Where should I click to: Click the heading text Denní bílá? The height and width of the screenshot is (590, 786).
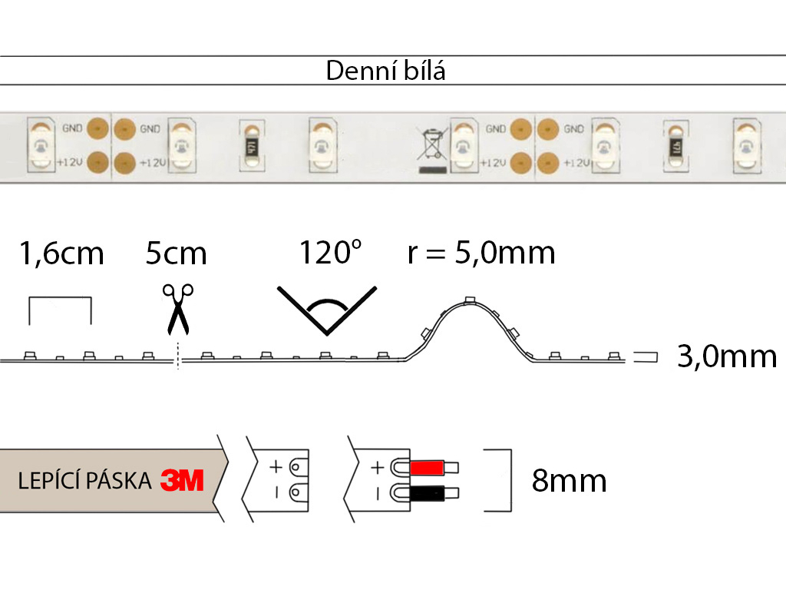click(x=385, y=71)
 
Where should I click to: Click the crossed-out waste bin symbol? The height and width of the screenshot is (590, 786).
click(x=432, y=147)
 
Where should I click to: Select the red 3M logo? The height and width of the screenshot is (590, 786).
click(x=182, y=482)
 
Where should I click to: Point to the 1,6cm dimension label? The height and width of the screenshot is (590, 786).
click(x=61, y=253)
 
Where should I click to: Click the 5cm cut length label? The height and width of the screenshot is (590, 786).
click(x=177, y=253)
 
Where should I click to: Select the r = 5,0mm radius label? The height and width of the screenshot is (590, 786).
click(x=481, y=252)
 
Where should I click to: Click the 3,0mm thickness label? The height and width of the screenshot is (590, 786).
click(x=727, y=356)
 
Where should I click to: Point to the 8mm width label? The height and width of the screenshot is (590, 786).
click(x=569, y=481)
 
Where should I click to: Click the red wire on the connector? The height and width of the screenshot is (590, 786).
click(x=428, y=467)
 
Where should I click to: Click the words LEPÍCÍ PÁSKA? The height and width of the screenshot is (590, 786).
click(x=84, y=482)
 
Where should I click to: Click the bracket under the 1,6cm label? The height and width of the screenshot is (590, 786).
click(x=60, y=310)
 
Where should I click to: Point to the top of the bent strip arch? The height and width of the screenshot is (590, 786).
click(x=470, y=301)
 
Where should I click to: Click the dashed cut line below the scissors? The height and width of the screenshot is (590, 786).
click(x=177, y=356)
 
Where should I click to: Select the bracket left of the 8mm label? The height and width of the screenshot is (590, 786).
click(x=507, y=481)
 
